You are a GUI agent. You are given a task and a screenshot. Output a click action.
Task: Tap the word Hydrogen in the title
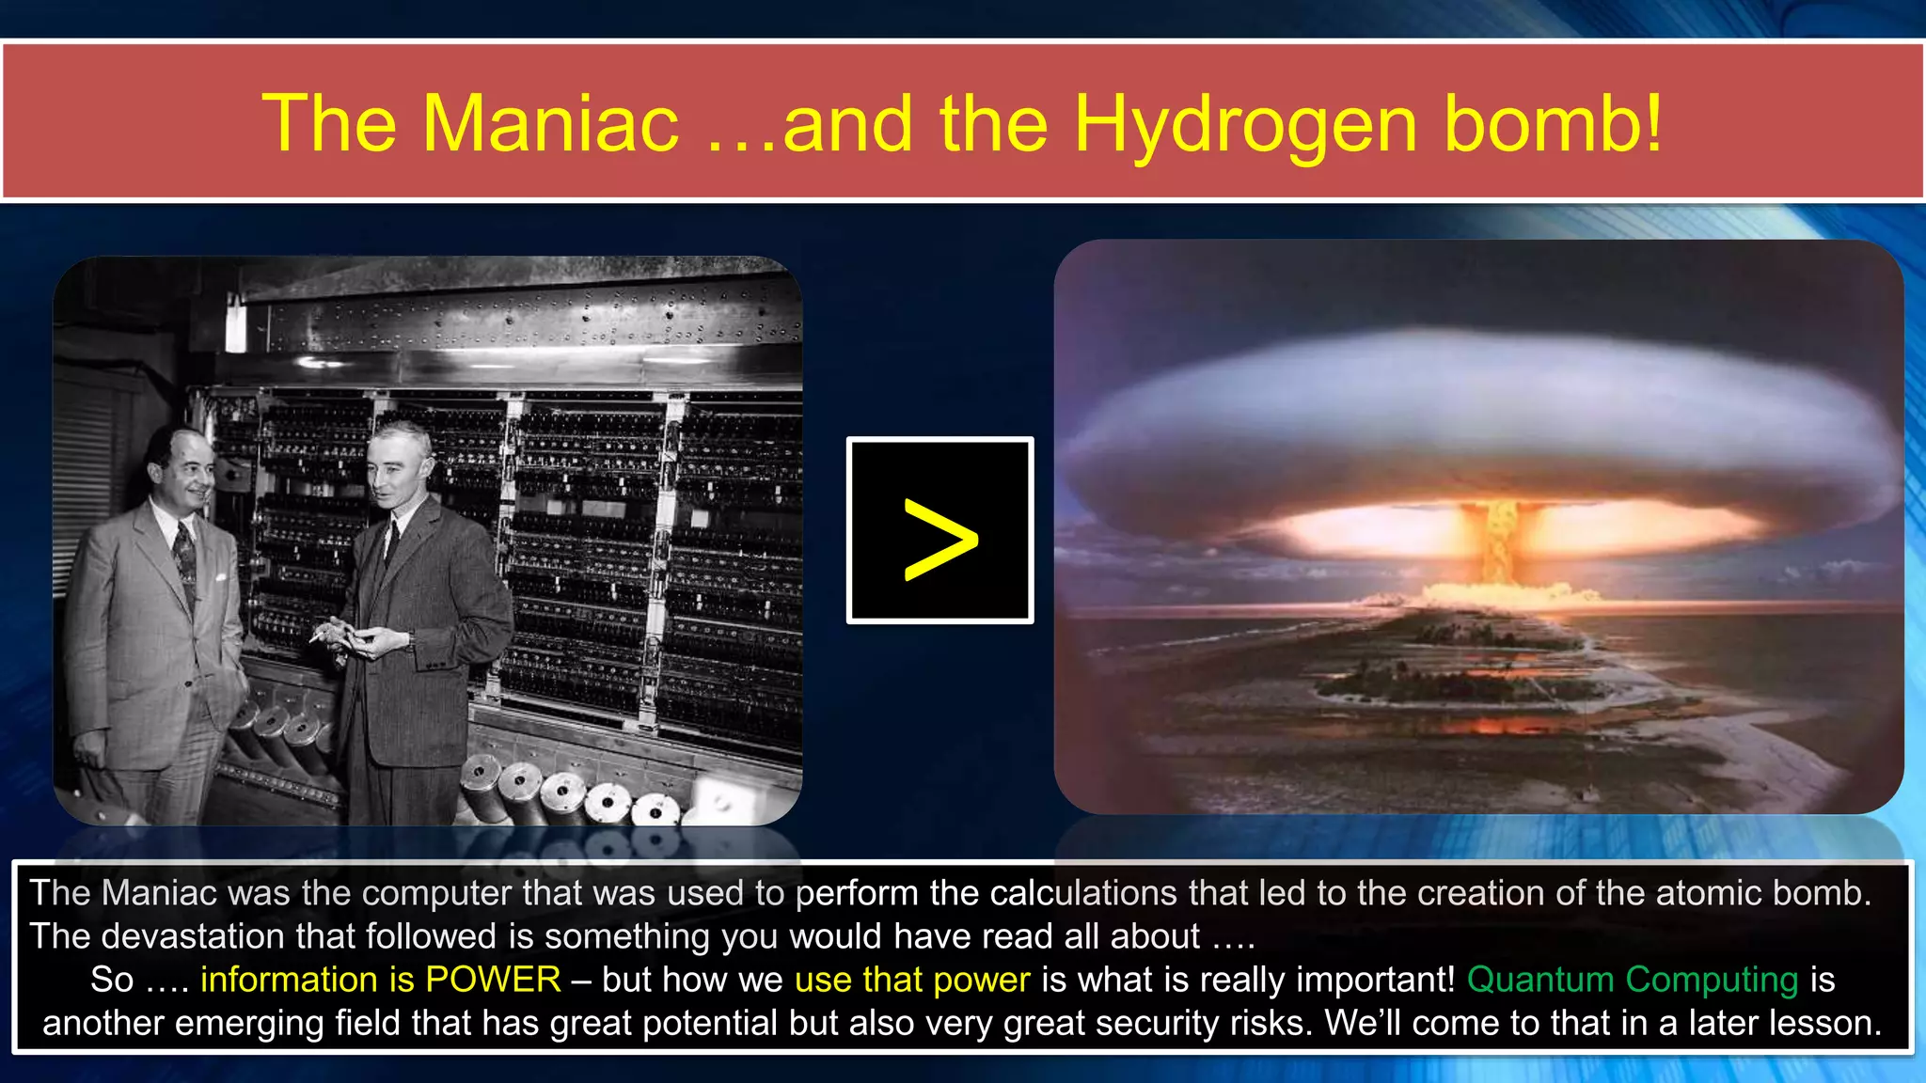pyautogui.click(x=1245, y=125)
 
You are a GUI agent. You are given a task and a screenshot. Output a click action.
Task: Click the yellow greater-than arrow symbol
pyautogui.click(x=940, y=539)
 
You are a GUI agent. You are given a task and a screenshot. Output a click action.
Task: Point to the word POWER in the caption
pyautogui.click(x=493, y=980)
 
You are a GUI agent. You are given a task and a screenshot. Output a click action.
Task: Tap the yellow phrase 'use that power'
pyautogui.click(x=912, y=980)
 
